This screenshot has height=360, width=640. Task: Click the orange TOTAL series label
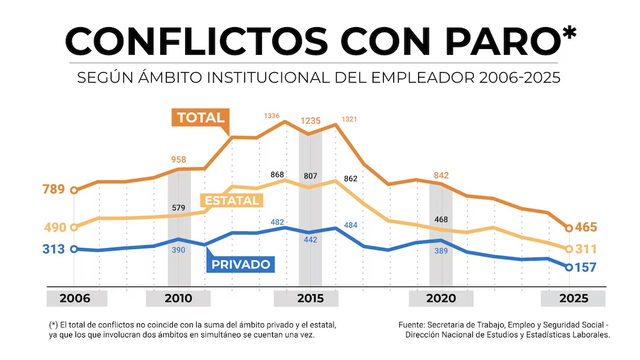coord(200,117)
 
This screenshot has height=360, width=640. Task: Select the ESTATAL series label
coord(232,201)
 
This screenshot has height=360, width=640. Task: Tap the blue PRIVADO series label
coord(241,264)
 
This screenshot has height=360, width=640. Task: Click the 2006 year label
coord(75,299)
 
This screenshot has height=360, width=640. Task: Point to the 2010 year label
coord(178,299)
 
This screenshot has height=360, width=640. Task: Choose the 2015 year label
coord(310,299)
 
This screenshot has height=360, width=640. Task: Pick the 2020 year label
coord(441,299)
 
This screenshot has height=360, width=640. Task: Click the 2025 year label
coord(574,299)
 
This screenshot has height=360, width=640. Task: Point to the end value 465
coord(586,228)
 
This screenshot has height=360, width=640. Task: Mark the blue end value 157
coord(586,267)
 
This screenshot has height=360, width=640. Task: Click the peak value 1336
coord(272,116)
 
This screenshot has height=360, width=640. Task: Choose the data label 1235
coord(311,121)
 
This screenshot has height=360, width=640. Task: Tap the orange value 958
coord(179,159)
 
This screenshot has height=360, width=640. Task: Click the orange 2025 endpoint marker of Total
coord(568,228)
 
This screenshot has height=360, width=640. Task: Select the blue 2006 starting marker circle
coord(74,249)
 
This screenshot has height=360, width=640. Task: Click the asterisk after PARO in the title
coord(569,35)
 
